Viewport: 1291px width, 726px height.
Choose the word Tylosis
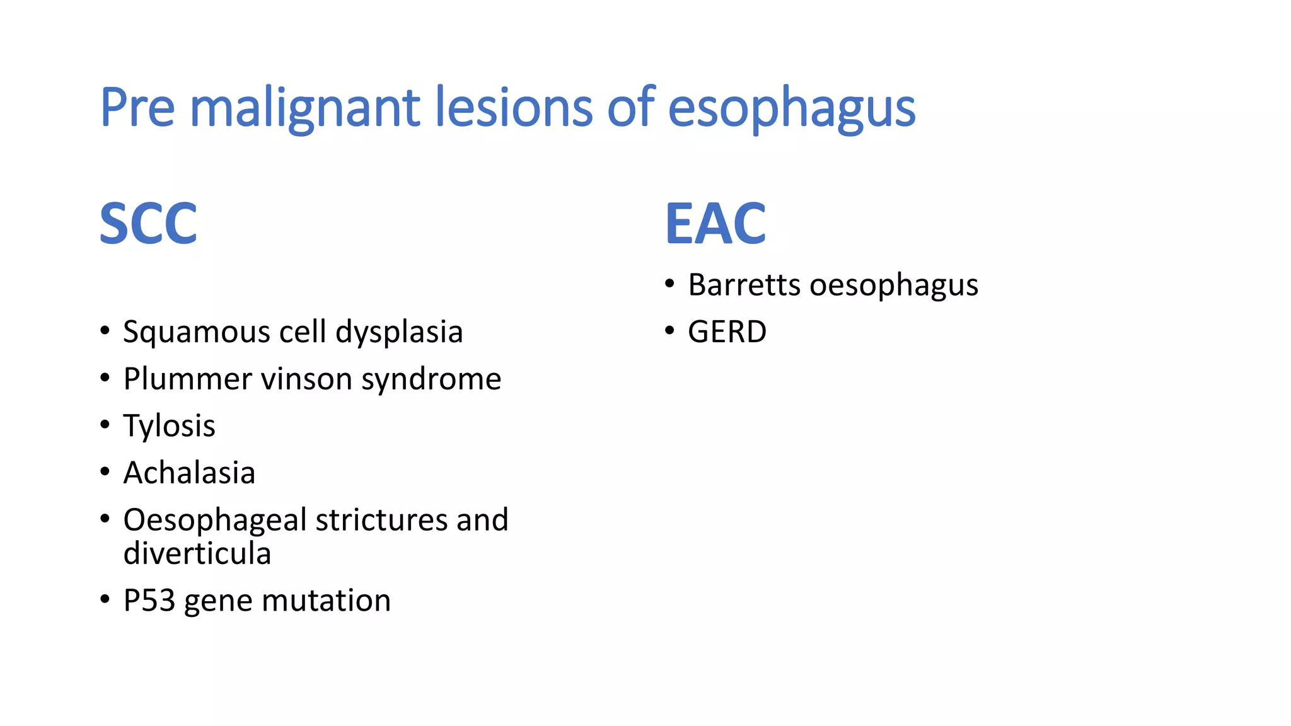coord(169,427)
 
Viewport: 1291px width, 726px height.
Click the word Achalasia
coord(189,473)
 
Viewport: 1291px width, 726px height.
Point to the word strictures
coord(381,521)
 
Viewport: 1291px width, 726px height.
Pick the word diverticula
coord(197,554)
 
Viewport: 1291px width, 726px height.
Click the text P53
coord(149,601)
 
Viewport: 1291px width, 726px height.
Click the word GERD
coord(727,332)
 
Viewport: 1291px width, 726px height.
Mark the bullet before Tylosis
coord(105,425)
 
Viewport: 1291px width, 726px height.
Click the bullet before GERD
coord(669,330)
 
